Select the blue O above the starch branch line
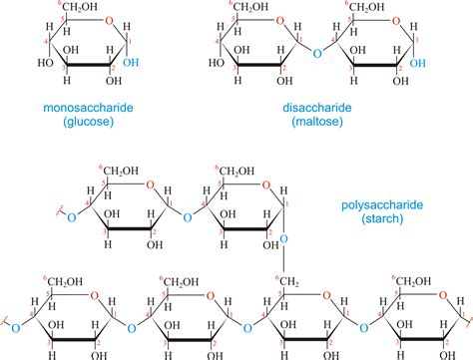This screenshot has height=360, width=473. [x=282, y=239]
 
